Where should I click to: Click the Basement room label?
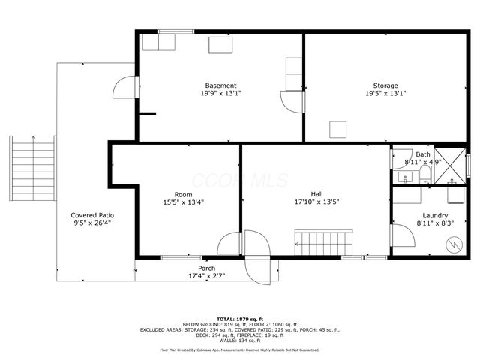click(220, 85)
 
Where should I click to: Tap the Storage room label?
click(385, 85)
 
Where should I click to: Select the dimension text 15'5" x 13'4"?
click(183, 202)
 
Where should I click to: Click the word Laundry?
click(435, 215)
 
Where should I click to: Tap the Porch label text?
click(206, 268)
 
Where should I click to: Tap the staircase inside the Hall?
click(322, 243)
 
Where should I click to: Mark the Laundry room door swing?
click(403, 235)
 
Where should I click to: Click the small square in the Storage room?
click(339, 130)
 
